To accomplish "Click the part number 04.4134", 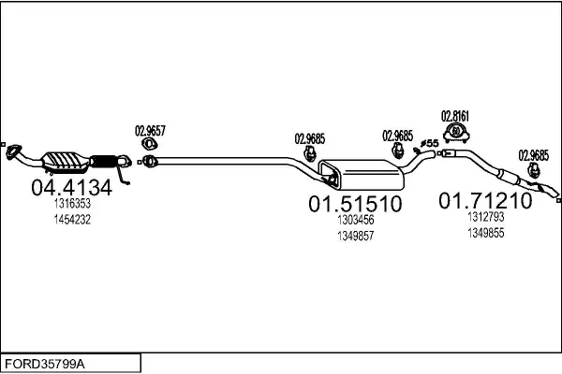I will coord(71,187).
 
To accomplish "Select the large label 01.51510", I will coord(355,203).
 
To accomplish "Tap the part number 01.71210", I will coord(485,200).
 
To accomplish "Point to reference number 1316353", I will coord(71,204).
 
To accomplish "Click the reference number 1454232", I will coord(71,219).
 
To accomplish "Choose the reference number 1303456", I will coord(355,220).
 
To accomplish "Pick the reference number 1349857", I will coord(355,236).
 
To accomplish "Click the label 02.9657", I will coord(150,131).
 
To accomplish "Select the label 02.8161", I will coord(454,116).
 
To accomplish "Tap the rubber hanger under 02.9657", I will coord(149,145).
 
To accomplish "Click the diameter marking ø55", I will coord(430,143).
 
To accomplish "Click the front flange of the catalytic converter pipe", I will coord(15,151).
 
